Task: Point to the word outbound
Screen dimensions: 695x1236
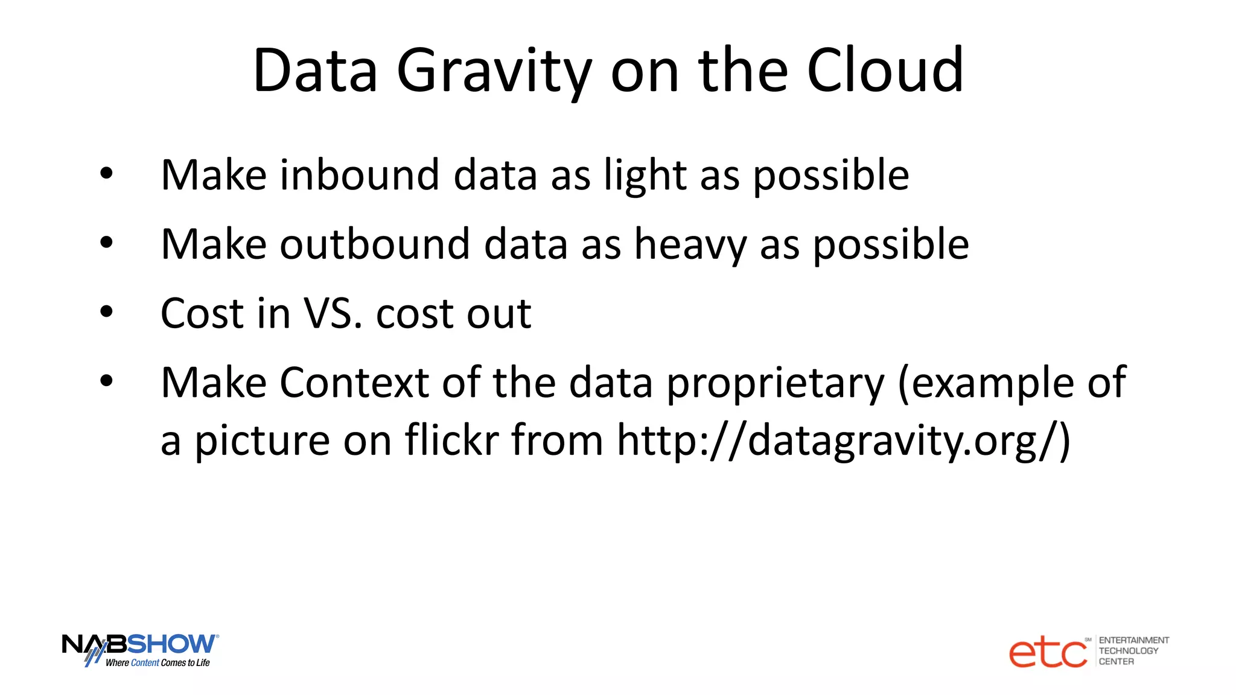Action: click(x=375, y=245)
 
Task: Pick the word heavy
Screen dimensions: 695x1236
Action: click(x=690, y=245)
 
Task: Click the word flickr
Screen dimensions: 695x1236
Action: click(x=451, y=440)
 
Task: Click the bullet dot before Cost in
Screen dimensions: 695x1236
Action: click(x=107, y=313)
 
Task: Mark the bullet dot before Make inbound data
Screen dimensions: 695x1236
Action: click(x=107, y=174)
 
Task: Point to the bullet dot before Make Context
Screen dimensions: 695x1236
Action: click(x=107, y=381)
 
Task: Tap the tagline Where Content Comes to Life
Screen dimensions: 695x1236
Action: click(x=158, y=663)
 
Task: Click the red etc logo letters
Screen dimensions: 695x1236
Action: click(x=1048, y=653)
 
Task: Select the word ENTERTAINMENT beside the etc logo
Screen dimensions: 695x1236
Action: click(x=1133, y=640)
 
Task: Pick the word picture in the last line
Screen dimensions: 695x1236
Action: click(x=262, y=441)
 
